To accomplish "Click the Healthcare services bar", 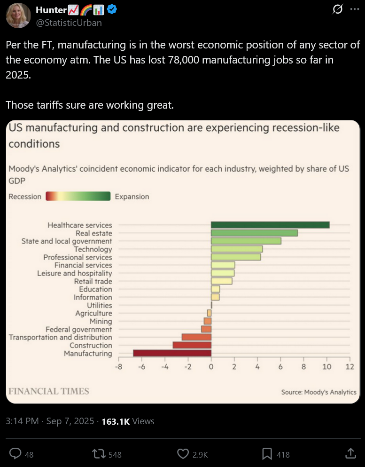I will [x=270, y=225].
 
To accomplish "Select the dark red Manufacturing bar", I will [x=172, y=353].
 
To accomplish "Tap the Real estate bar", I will [x=254, y=233].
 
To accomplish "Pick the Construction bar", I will [x=192, y=345].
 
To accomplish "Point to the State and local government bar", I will [x=246, y=241].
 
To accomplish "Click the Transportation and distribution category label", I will [x=61, y=337].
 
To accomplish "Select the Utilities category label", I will [x=100, y=305].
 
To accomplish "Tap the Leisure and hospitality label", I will [x=75, y=273].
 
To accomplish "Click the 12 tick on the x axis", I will [x=349, y=367].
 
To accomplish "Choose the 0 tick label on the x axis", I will [x=211, y=367].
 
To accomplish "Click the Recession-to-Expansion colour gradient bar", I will [x=78, y=197].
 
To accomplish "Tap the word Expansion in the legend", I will [x=132, y=197].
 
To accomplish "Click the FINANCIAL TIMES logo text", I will [x=49, y=391].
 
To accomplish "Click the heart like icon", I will [x=183, y=454].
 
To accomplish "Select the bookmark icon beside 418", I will [x=267, y=454].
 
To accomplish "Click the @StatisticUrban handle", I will [x=69, y=22].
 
